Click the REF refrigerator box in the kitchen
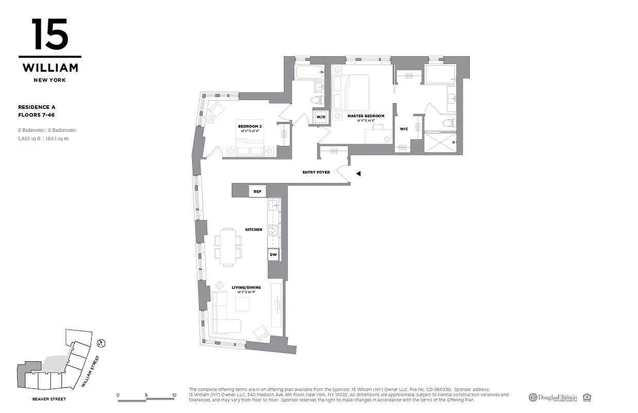point(257,191)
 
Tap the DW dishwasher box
point(273,255)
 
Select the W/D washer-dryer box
point(321,117)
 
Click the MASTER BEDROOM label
point(366,116)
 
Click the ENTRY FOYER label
point(316,172)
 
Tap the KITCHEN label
point(254,229)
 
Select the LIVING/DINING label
point(249,287)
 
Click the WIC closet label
point(404,129)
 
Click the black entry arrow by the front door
point(358,174)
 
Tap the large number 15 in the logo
point(50,34)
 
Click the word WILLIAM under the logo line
point(50,68)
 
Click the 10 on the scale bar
point(174,395)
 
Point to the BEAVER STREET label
point(48,399)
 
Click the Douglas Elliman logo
point(552,397)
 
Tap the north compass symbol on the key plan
point(102,343)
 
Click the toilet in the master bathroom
point(448,123)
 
